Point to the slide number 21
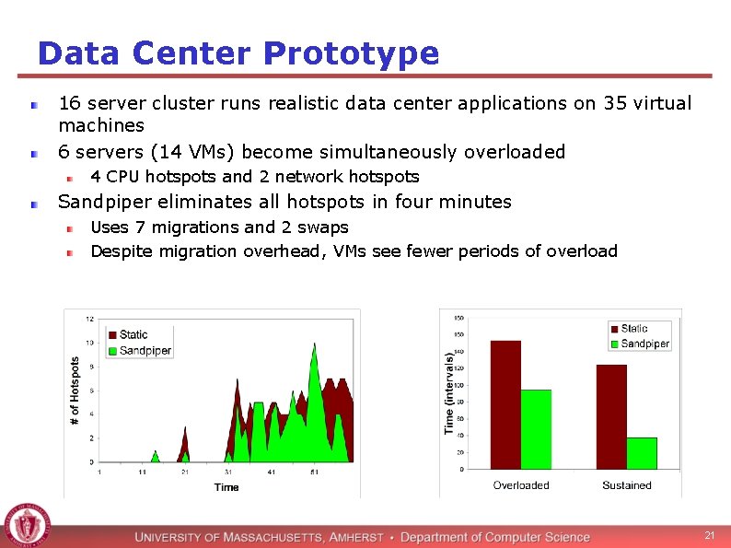709,536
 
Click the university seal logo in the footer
26,527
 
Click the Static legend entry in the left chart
133,334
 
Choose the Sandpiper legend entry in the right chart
644,344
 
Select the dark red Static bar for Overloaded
505,404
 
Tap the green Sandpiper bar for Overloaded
536,429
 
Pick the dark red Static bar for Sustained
611,416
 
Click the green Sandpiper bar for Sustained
642,453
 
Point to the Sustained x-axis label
626,485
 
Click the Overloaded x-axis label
520,485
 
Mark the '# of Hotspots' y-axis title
75,391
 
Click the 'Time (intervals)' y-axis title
449,393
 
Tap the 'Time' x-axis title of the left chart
226,487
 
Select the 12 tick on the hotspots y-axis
89,319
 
